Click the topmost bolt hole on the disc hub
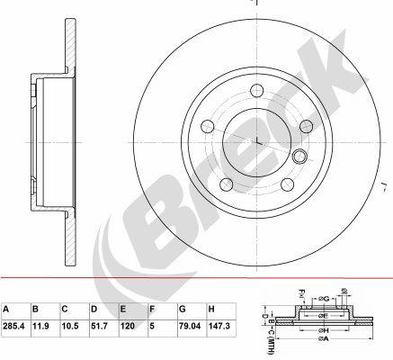click(257, 90)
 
